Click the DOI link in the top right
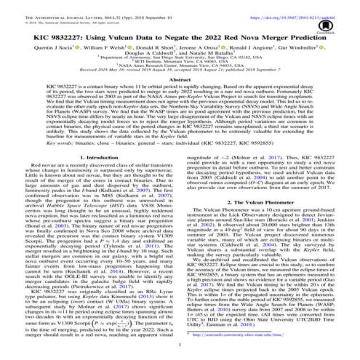308,5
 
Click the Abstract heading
180,98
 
